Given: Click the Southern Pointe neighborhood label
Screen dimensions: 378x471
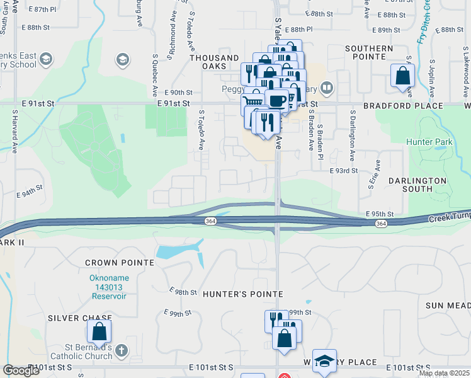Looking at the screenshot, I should (x=369, y=52).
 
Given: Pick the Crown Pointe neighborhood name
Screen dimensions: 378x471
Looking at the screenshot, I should (x=120, y=262).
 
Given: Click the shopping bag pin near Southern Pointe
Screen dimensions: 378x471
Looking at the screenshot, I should (x=402, y=76).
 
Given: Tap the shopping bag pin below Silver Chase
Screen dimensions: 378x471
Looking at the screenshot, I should (x=99, y=331).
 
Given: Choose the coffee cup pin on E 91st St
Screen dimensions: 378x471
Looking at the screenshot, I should (x=276, y=100).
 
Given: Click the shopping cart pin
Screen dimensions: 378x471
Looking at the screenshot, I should (x=253, y=100).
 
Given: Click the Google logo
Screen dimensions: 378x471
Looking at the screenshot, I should (x=21, y=370).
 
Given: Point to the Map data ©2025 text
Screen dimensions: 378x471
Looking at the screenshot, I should (x=443, y=373).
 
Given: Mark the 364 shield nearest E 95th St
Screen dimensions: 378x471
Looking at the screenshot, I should (x=380, y=224).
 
